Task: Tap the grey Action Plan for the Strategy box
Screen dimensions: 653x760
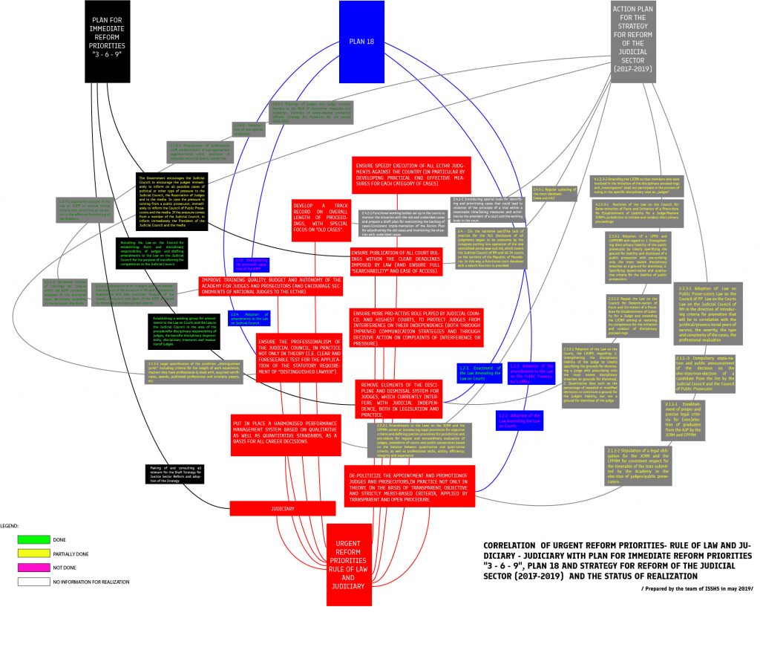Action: tap(632, 40)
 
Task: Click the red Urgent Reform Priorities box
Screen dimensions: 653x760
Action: tap(349, 565)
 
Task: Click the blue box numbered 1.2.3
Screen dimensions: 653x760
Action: tap(474, 372)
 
